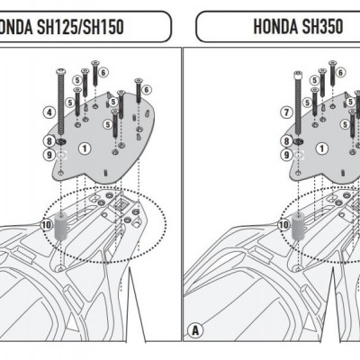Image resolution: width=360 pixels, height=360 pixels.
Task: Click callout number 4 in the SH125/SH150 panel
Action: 49,112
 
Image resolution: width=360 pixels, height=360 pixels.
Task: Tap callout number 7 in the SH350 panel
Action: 286,112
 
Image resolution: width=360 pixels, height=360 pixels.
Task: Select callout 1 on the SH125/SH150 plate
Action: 84,147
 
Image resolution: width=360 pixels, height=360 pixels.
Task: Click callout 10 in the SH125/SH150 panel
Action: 46,223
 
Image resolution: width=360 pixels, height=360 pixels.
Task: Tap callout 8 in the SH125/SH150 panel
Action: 49,141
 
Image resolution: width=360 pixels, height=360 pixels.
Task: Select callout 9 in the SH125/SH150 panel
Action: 49,155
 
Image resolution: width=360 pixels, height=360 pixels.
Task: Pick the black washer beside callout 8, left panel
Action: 61,141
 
